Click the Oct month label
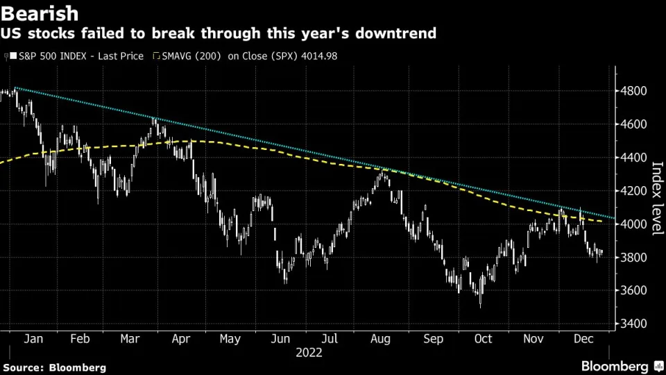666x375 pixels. coord(483,338)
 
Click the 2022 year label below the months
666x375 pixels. coord(309,353)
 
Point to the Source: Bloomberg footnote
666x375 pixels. coord(55,367)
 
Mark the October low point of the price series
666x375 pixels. coord(481,306)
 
